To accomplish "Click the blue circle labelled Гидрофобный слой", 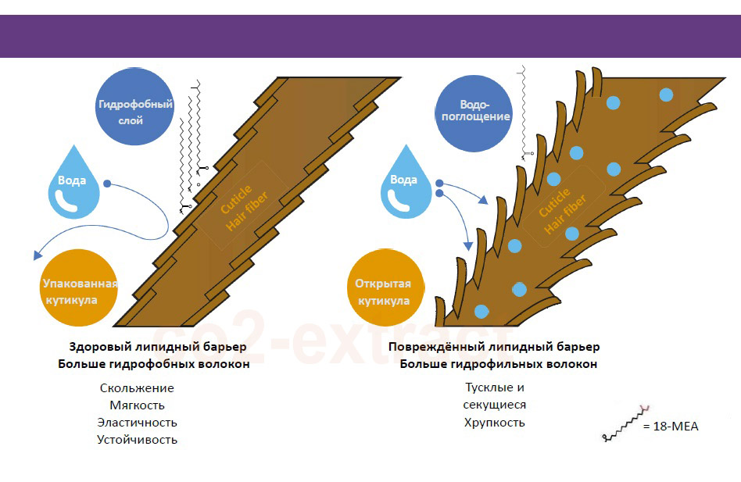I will (134, 110).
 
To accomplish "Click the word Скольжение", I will (137, 388).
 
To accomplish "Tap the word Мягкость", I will (137, 405).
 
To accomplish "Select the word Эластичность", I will (137, 423).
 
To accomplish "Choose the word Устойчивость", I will (137, 440).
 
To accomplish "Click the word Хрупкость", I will (494, 423).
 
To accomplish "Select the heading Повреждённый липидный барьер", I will (494, 347).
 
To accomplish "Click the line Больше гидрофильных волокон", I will (499, 364).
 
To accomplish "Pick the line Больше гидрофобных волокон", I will (154, 364).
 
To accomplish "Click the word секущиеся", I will (494, 405).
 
